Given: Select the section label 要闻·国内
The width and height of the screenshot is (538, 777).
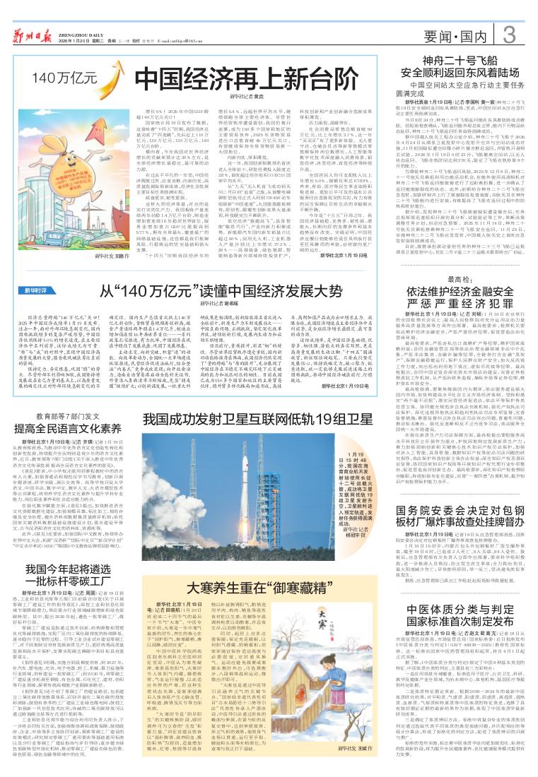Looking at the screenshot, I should pos(464,36).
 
